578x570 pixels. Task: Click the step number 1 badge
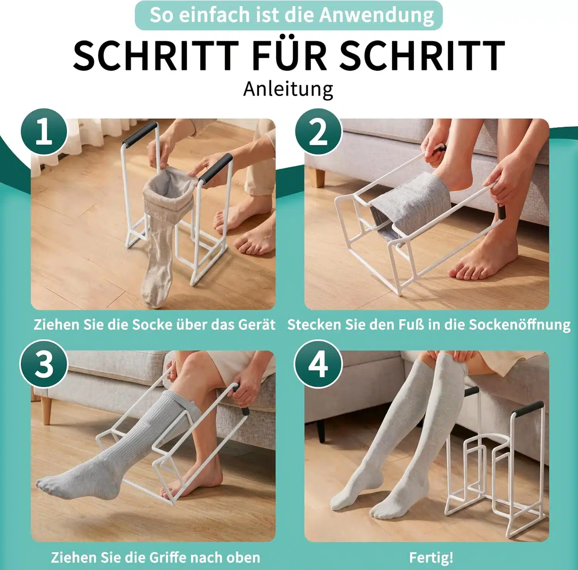click(44, 132)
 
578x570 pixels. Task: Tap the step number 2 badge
click(318, 132)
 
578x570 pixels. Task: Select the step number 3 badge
click(44, 364)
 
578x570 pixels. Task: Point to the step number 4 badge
click(318, 364)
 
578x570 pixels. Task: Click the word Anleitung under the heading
click(288, 89)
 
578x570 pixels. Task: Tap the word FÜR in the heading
click(289, 56)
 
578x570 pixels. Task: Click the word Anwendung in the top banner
click(376, 15)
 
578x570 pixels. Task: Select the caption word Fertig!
click(431, 557)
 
